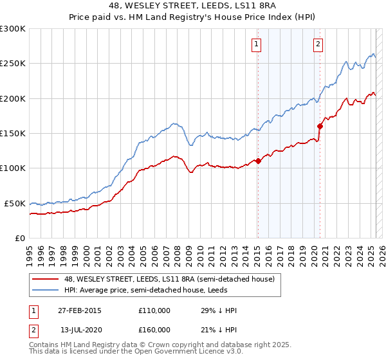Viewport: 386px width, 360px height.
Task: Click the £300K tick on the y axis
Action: point(14,29)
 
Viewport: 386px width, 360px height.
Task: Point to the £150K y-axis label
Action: point(14,134)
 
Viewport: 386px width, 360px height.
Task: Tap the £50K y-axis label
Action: point(15,203)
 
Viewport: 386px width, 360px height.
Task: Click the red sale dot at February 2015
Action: point(258,161)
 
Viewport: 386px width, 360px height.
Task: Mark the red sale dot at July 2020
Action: point(320,126)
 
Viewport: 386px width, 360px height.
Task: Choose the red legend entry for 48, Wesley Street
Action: point(169,279)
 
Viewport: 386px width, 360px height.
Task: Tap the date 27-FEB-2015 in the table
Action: point(80,311)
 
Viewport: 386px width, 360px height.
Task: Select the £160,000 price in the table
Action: point(154,330)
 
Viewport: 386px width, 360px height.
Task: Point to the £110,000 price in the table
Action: point(154,311)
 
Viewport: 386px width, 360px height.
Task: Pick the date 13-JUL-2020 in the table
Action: point(80,330)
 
